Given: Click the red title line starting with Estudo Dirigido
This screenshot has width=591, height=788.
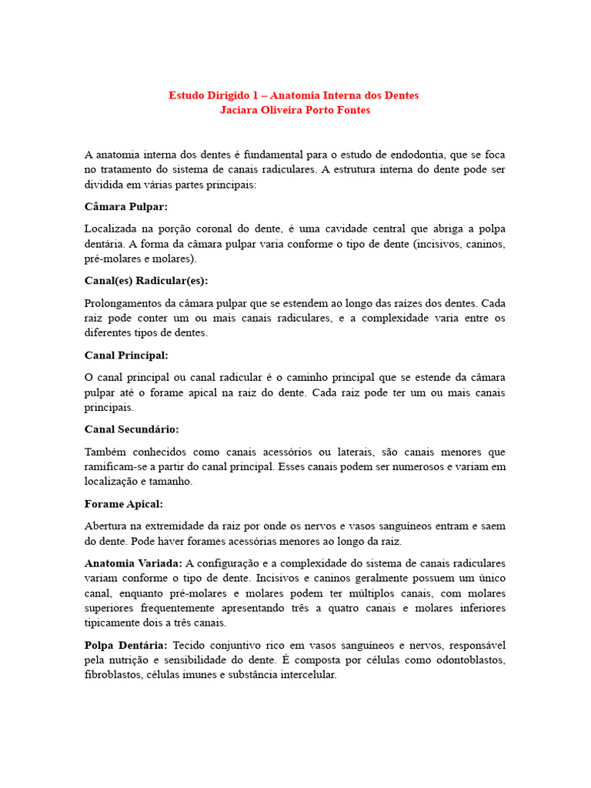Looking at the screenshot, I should coord(294,95).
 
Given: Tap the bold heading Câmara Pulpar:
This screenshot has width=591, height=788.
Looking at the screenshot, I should coord(125,207).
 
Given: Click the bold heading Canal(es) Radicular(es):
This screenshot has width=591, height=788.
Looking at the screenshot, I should coord(145,281).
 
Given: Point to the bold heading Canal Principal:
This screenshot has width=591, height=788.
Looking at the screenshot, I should coord(126,355).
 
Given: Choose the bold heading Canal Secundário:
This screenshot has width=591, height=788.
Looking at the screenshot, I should coord(131,429).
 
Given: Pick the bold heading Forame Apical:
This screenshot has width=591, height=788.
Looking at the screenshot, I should coord(123,503).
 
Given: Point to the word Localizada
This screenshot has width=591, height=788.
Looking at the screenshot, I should coord(112,229).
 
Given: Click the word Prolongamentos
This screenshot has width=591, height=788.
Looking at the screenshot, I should coord(123,303).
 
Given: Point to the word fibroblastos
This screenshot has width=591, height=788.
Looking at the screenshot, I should coord(112,675).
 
